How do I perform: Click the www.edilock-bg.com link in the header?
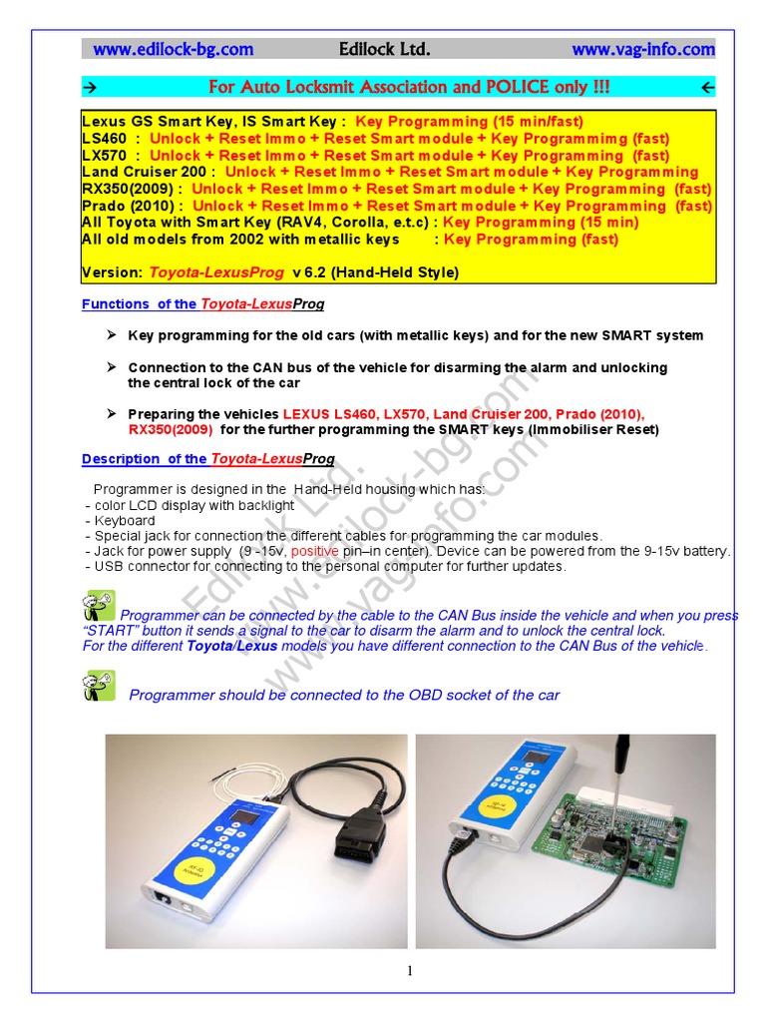(174, 49)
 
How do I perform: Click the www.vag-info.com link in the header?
(642, 49)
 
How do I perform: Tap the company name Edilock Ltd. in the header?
(385, 49)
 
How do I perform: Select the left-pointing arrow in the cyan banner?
(707, 88)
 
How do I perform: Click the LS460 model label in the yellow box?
(104, 139)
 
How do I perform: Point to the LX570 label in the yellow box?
(104, 156)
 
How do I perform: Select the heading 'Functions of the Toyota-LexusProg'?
(202, 303)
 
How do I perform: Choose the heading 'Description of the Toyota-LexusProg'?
(207, 459)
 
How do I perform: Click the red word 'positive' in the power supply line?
(318, 551)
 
